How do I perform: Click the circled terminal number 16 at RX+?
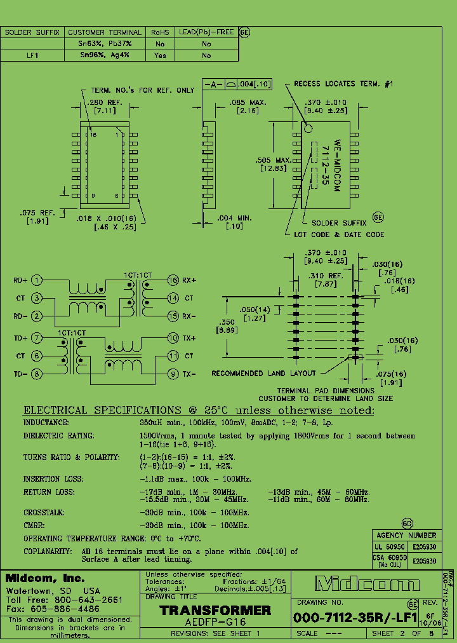173,280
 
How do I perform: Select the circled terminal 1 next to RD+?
37,280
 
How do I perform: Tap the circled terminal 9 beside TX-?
173,374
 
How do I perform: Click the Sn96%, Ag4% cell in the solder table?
104,55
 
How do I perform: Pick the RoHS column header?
160,32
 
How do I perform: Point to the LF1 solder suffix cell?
32,55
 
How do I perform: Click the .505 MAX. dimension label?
274,160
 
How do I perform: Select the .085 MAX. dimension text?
248,102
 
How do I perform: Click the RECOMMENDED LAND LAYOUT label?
263,374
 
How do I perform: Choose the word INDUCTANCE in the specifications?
46,423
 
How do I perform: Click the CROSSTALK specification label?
44,512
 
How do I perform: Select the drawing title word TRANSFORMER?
215,611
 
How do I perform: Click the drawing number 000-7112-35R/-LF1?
355,617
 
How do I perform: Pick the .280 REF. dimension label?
105,103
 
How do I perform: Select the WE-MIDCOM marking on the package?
338,161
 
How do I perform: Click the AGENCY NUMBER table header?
406,535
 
